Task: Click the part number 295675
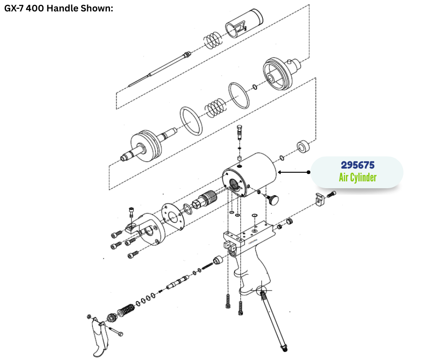(x=358, y=165)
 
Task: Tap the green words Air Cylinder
(x=358, y=177)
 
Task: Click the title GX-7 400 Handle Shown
(x=58, y=8)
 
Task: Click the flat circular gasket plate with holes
(x=173, y=217)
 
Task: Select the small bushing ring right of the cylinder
(x=303, y=147)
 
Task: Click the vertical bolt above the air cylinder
(x=240, y=132)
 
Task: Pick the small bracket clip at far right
(x=319, y=200)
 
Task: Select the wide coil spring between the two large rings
(x=216, y=108)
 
